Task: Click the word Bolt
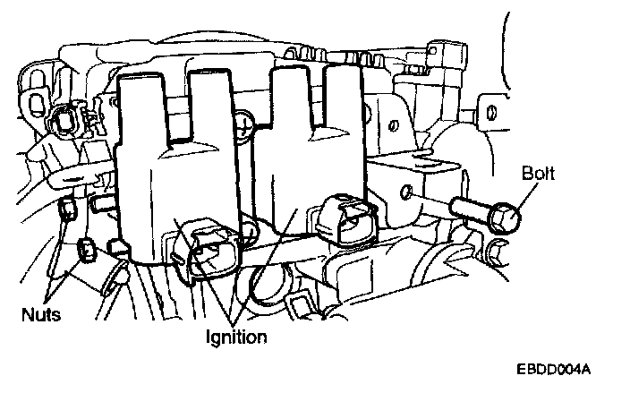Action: click(x=537, y=174)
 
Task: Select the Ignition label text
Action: click(x=235, y=337)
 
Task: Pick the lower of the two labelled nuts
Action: click(x=87, y=252)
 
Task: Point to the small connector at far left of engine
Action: click(x=64, y=119)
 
